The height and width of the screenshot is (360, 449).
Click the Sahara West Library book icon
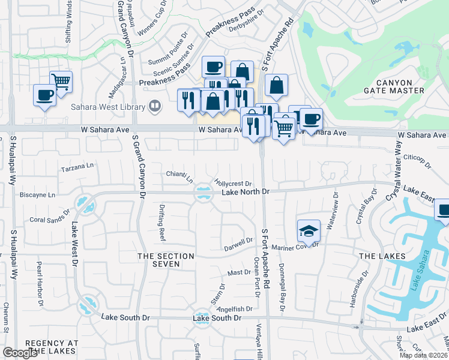155,107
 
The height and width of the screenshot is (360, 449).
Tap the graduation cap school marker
308,230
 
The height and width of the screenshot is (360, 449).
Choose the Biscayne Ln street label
37,195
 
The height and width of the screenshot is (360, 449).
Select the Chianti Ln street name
180,176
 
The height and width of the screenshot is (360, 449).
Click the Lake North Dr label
247,192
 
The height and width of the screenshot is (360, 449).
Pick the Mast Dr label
239,272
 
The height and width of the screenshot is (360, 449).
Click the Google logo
20,353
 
